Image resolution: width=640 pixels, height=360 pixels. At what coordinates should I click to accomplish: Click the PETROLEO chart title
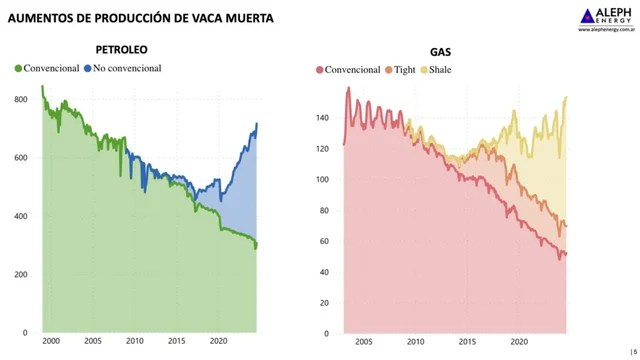[x=123, y=49]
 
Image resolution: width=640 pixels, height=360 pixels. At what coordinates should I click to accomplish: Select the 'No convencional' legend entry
[x=125, y=68]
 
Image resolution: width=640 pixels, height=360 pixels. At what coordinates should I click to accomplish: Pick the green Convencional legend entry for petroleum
[x=50, y=68]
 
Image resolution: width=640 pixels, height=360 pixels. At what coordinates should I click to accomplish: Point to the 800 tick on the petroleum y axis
[x=21, y=100]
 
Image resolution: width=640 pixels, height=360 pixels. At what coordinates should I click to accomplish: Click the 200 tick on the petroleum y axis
[x=21, y=275]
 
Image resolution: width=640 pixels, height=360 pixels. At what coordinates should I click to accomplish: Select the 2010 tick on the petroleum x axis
[x=135, y=341]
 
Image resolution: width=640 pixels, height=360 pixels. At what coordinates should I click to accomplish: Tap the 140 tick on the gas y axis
[x=323, y=118]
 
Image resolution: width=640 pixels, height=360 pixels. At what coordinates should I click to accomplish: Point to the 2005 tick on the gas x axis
[x=362, y=341]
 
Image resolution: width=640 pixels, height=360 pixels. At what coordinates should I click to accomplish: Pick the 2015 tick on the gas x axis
[x=467, y=341]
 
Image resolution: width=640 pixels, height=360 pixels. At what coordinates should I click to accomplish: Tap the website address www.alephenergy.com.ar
[x=604, y=30]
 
